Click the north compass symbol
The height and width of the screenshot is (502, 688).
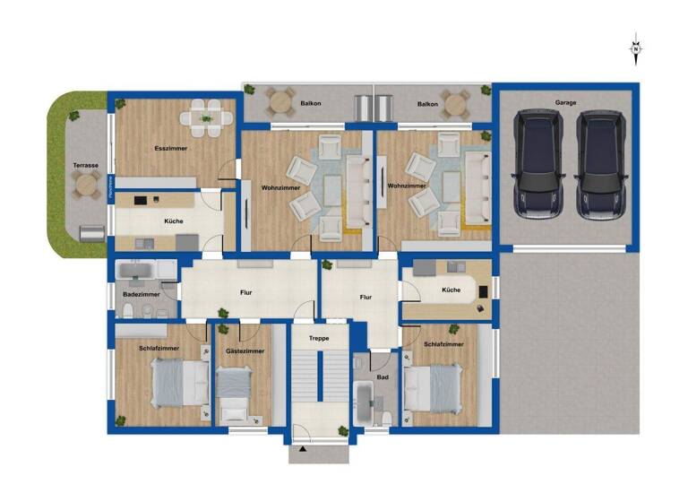[x=636, y=48]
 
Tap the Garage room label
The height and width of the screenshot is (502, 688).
[x=565, y=102]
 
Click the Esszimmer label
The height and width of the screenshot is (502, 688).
[x=170, y=148]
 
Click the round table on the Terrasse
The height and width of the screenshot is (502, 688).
[x=87, y=186]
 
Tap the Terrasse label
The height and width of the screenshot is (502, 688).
[x=85, y=165]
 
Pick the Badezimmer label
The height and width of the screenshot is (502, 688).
[x=142, y=294]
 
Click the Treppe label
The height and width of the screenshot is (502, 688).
[x=319, y=338]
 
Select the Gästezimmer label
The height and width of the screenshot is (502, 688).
[x=245, y=351]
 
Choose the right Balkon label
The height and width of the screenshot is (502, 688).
[x=427, y=103]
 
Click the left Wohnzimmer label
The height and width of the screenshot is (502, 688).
[x=279, y=187]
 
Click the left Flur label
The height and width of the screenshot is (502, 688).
[x=245, y=292]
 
